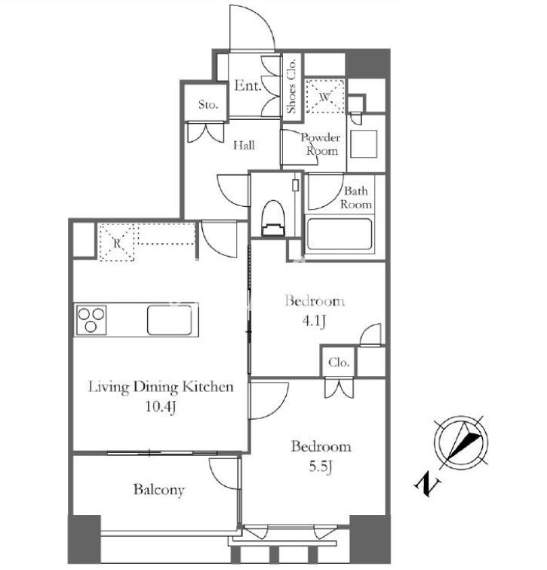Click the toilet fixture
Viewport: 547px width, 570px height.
pos(273,218)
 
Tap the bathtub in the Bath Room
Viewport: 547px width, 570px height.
pos(340,234)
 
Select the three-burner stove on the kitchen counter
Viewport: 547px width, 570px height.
pos(91,320)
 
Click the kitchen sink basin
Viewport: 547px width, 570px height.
pos(170,320)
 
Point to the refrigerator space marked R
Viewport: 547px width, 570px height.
pos(117,242)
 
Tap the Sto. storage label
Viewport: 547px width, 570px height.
pos(208,105)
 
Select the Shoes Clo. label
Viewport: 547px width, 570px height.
pos(292,86)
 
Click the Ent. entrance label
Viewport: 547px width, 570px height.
pos(247,86)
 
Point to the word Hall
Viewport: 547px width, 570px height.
pos(244,146)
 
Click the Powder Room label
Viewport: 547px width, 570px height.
pos(321,144)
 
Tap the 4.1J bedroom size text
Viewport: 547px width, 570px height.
pos(314,321)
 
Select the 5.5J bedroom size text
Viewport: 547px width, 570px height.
pos(321,467)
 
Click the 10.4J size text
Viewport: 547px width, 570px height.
pos(161,406)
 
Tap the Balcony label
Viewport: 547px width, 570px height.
pos(158,490)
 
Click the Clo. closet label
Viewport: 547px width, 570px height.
pos(339,362)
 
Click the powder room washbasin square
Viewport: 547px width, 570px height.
pos(364,144)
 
